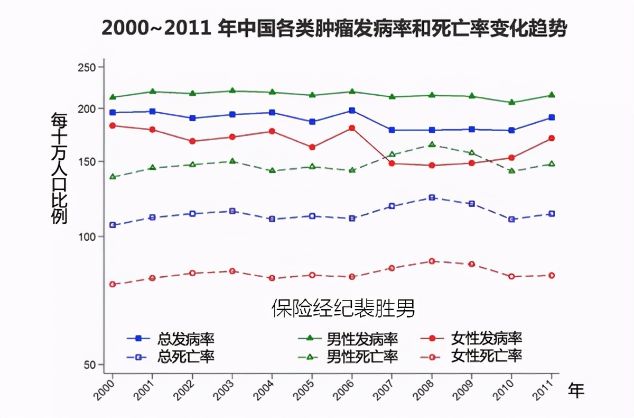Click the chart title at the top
point(334,28)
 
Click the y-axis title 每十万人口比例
point(59,168)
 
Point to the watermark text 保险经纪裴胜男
point(343,308)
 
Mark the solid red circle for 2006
point(352,128)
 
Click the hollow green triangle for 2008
point(432,144)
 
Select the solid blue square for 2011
point(552,117)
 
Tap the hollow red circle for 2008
point(432,261)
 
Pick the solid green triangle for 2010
point(511,102)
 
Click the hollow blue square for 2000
point(113,225)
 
